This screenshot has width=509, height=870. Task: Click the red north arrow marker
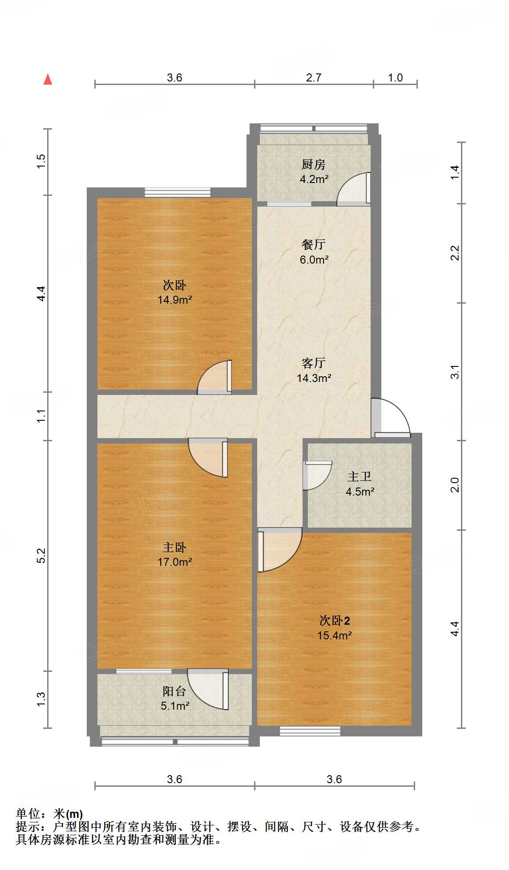(x=48, y=80)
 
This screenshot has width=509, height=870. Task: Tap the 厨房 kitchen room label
(x=314, y=165)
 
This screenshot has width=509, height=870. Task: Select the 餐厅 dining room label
(x=314, y=244)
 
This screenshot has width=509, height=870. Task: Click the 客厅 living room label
(x=314, y=363)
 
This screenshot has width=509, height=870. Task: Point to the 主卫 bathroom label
(x=360, y=477)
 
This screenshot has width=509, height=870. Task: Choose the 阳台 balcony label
(x=174, y=691)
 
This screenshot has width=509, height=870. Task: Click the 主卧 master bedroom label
(x=174, y=547)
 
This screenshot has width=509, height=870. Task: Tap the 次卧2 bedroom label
(x=335, y=620)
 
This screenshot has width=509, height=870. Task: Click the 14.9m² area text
(x=174, y=300)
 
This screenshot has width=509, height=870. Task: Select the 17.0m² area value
(x=174, y=562)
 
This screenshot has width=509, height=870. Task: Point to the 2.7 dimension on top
(x=314, y=78)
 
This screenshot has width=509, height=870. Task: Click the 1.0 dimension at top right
(x=395, y=78)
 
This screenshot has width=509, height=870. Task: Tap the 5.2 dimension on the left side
(x=41, y=555)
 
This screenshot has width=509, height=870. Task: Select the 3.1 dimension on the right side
(x=454, y=372)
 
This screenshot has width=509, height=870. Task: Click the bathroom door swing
(x=317, y=475)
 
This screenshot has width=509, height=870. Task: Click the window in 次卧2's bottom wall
(x=310, y=731)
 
